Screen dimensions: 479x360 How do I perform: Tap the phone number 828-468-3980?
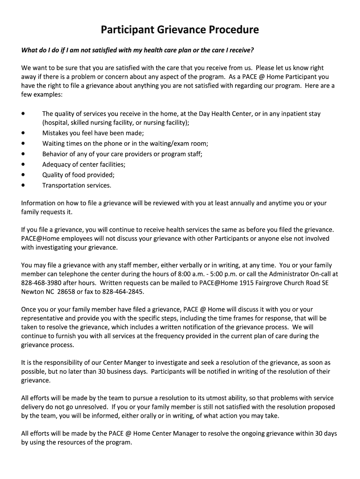coord(41,283)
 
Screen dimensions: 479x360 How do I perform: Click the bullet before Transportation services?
coord(23,185)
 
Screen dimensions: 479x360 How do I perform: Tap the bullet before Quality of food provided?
coord(23,175)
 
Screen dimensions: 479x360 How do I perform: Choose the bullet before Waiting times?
coord(23,143)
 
